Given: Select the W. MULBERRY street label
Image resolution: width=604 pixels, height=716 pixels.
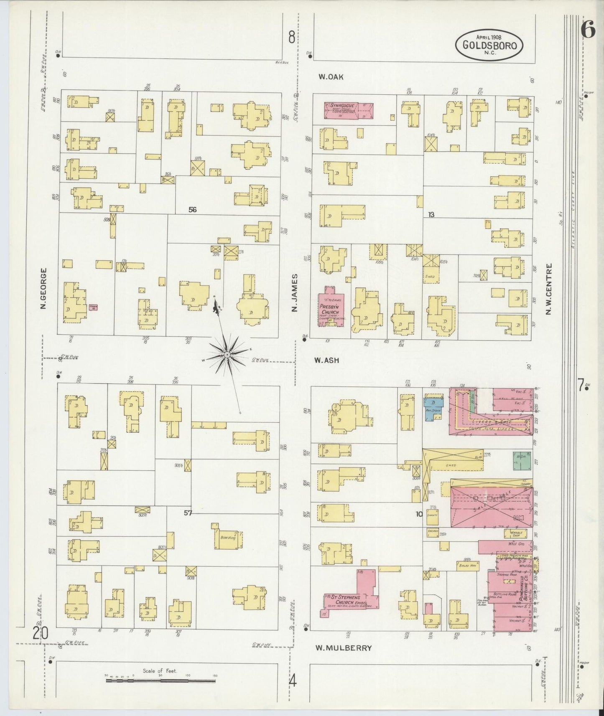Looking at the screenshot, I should pos(343,648).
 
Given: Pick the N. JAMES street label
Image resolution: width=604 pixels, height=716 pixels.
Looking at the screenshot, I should pos(295,292).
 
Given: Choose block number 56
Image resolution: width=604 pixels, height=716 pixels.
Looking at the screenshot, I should pos(192,210).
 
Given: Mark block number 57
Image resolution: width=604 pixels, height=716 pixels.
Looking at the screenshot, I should pos(188,513).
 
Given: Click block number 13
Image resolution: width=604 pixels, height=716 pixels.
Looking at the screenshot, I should pos(431,214).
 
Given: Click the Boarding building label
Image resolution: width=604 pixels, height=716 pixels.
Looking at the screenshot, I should pos(228,537).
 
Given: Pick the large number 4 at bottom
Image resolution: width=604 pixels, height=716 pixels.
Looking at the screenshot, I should pos(293,682).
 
